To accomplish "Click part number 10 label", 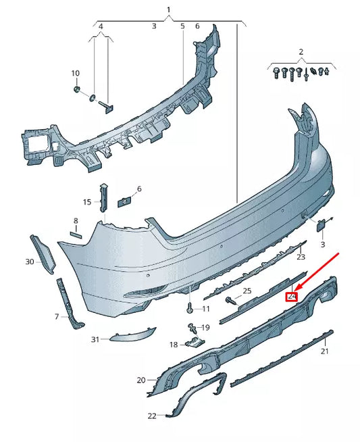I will click(75, 73).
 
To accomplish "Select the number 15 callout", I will click(86, 202).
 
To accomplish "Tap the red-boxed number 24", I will click(292, 296).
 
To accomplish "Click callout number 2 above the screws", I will click(301, 51).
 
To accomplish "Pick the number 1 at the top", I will click(169, 9).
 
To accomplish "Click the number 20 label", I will click(140, 380).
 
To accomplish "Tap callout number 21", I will click(324, 351).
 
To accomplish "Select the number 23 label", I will click(301, 257).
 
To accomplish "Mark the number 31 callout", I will click(95, 339).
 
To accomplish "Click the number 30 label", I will click(29, 261).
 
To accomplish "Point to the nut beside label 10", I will click(77, 89).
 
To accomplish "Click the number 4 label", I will click(101, 26).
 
